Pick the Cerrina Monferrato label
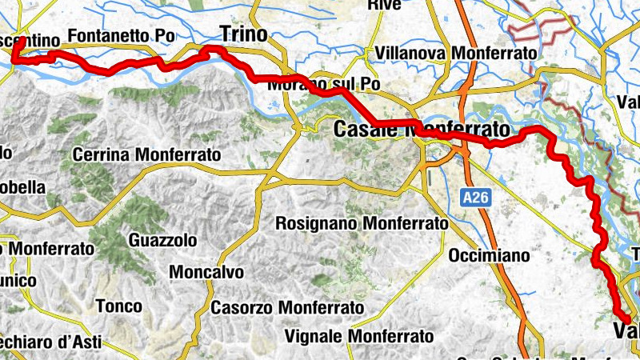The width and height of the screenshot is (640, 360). point(146,154)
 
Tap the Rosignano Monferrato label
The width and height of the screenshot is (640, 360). point(362,224)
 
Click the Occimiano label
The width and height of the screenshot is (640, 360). point(490,256)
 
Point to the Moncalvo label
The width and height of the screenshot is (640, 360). point(206,272)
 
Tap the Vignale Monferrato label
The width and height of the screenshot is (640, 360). point(359,336)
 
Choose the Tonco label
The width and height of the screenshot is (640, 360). point(118,306)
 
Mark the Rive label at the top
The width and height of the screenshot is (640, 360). point(383,6)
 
